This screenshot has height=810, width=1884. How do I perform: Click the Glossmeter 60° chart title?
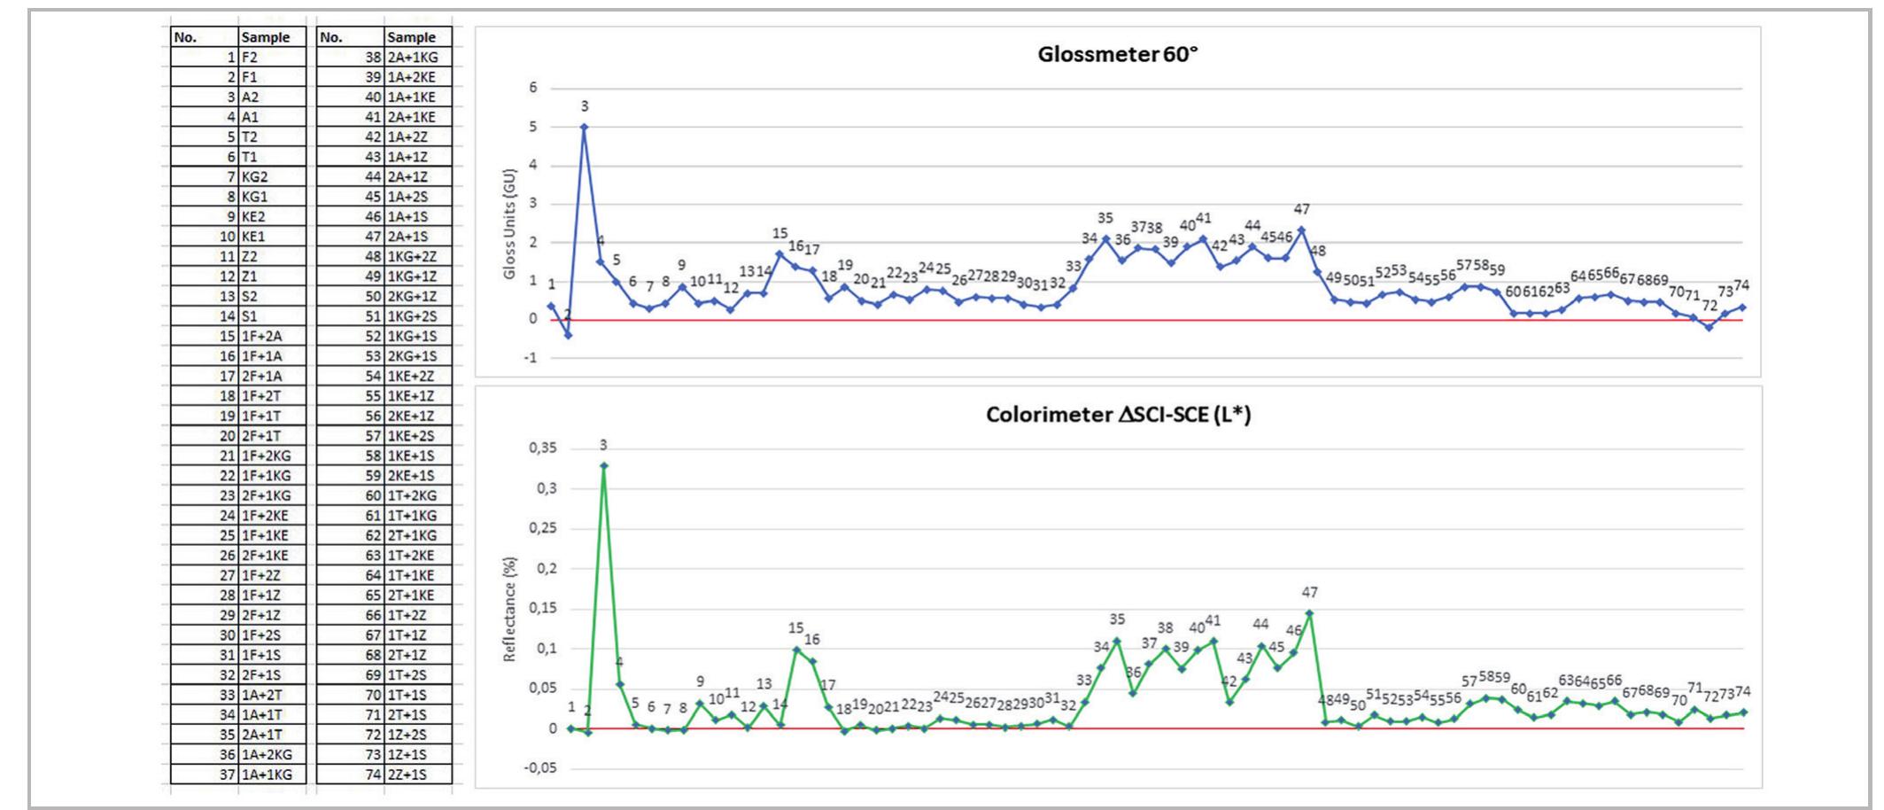tap(1118, 54)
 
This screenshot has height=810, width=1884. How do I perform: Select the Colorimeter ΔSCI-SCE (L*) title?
tap(1118, 415)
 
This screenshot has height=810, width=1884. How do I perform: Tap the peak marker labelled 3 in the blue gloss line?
tap(584, 127)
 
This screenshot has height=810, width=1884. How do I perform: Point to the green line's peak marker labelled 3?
tap(604, 464)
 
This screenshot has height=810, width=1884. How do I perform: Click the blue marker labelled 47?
tap(1301, 230)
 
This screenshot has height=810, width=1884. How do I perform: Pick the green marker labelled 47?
tap(1309, 613)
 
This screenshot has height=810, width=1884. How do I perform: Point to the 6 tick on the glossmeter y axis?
tap(533, 88)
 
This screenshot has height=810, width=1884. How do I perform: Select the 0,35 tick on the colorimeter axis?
tap(543, 448)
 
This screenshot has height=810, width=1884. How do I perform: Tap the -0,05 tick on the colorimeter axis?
tap(540, 768)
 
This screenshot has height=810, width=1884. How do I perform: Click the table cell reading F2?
tap(250, 57)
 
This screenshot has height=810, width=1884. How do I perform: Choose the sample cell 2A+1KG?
tap(413, 57)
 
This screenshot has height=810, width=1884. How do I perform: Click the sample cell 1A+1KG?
tap(267, 775)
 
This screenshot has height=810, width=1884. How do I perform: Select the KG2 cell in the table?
tap(254, 176)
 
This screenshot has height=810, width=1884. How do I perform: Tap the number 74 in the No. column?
tap(372, 775)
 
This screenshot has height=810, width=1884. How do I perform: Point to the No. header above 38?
tap(331, 37)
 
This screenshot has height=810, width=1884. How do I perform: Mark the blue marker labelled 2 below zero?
tap(568, 335)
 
